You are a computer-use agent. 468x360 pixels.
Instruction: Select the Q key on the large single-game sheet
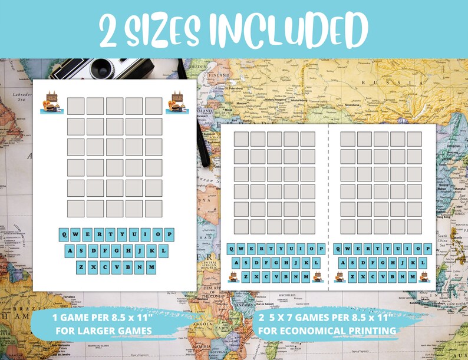point(65,234)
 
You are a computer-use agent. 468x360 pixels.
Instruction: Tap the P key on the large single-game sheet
point(169,234)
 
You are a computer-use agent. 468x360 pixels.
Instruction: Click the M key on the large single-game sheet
point(152,267)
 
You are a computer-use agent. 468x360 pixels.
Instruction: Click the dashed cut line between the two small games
point(328,206)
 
